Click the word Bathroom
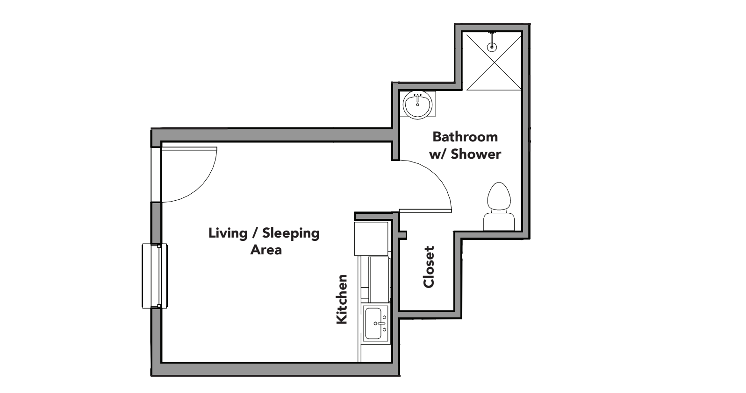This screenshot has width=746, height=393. pos(465,137)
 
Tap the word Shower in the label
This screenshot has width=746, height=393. pos(476,154)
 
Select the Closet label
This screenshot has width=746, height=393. pos(429,267)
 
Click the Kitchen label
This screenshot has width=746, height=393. pos(342,299)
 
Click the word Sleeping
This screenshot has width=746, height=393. pos(291,233)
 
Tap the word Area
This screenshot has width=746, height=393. pos(265,250)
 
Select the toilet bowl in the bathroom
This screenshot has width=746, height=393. pos(498,196)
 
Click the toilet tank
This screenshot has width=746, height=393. pos(499,222)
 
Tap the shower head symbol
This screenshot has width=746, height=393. pos(491,46)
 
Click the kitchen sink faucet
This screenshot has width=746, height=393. pos(382,323)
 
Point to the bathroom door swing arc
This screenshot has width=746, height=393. pos(437,177)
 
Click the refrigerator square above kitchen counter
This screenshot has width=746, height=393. pos(372,239)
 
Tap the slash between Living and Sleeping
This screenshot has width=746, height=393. pos(256,233)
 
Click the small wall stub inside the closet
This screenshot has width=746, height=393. pos(403,235)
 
